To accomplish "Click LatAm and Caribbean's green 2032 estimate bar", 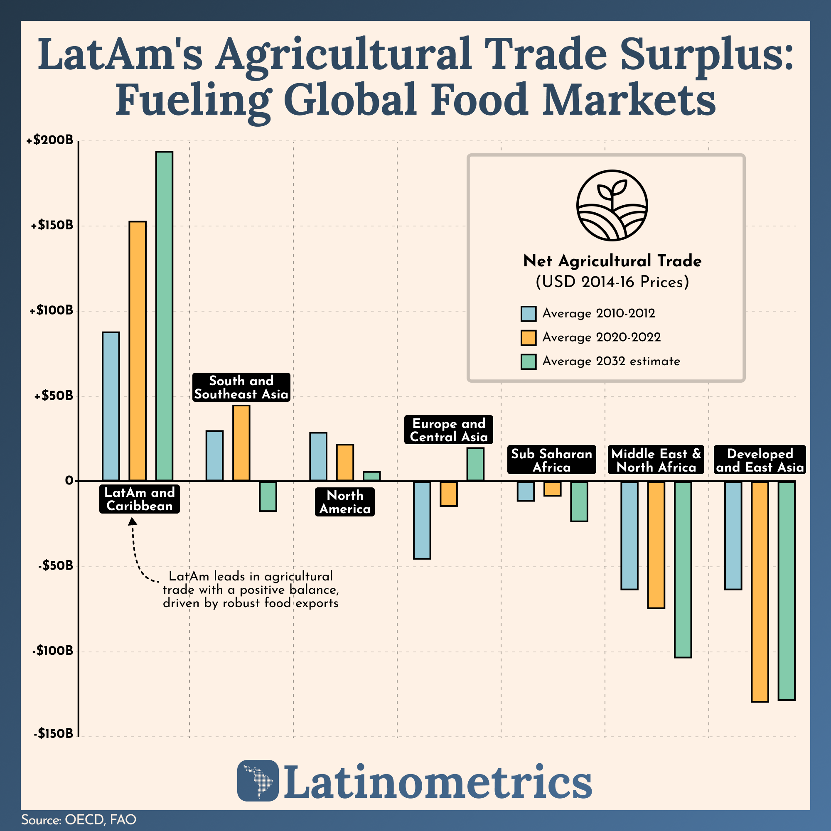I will pos(164,316).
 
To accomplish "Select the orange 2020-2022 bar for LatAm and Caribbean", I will pos(138,351).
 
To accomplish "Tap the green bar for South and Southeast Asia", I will pos(268,496).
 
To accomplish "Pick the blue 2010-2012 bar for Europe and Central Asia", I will pos(422,520).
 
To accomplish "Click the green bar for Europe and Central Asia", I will pos(475,464).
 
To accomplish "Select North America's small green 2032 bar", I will pos(371,476).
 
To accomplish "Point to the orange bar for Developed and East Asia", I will pos(760,591).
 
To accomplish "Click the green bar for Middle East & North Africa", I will pos(683,569).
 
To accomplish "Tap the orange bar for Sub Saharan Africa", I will pos(553,489).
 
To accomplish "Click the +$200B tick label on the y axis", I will pos(49,141).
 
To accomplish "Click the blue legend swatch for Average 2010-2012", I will pos(528,314).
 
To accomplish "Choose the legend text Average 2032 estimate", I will pos(611,361).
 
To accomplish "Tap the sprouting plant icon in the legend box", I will pos(612,205).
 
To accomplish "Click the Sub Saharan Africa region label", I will pos(551,460).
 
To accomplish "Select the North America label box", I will pos(344,502).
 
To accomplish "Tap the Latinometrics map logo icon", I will pos(258,780).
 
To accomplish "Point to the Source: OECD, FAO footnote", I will pos(79,819).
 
